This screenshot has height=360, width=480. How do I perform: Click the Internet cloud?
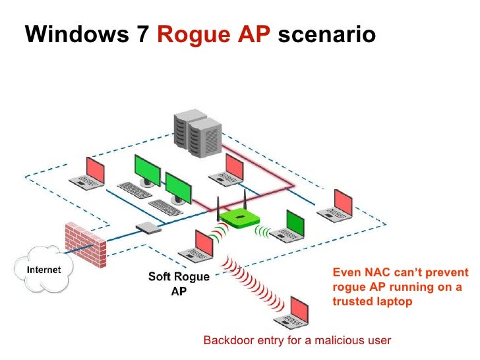44,270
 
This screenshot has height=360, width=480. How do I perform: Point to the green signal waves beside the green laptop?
264,231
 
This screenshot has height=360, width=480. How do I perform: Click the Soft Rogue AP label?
179,284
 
